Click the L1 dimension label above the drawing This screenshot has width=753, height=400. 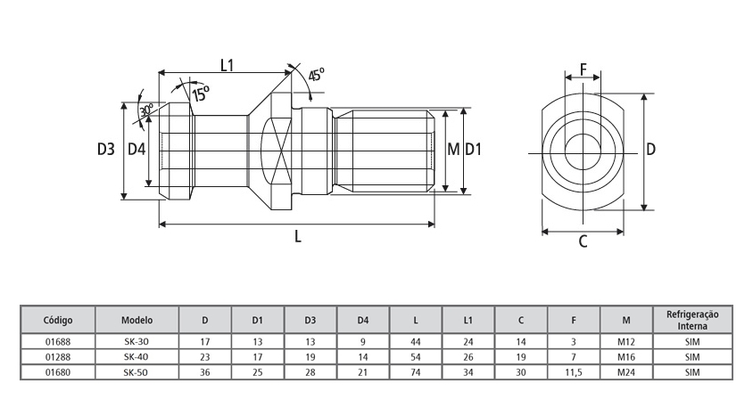227,64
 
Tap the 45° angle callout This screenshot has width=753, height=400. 316,76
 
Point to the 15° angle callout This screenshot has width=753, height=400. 200,91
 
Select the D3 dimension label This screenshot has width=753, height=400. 107,150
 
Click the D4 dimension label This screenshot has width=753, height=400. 137,150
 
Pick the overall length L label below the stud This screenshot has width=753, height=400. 298,238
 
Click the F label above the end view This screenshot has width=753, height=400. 583,69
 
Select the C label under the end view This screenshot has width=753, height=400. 583,241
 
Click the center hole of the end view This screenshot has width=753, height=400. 583,149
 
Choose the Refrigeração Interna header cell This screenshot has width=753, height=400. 692,319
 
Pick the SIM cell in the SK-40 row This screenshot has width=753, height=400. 692,356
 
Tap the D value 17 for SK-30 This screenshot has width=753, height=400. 205,340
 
